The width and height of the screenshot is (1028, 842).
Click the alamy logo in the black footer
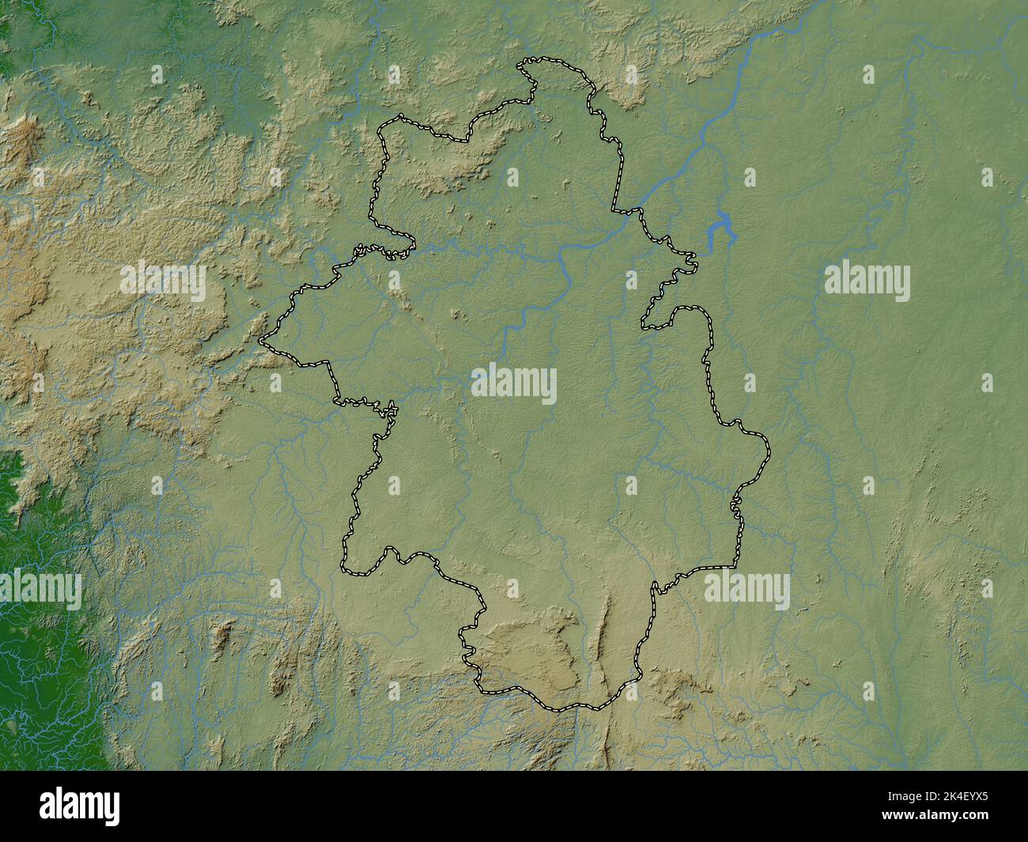[80, 806]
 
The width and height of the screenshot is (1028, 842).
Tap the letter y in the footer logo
[111, 808]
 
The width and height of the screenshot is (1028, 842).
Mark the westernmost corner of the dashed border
[260, 342]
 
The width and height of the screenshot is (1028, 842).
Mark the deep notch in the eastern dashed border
[644, 324]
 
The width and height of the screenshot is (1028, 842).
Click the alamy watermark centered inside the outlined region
[514, 384]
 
